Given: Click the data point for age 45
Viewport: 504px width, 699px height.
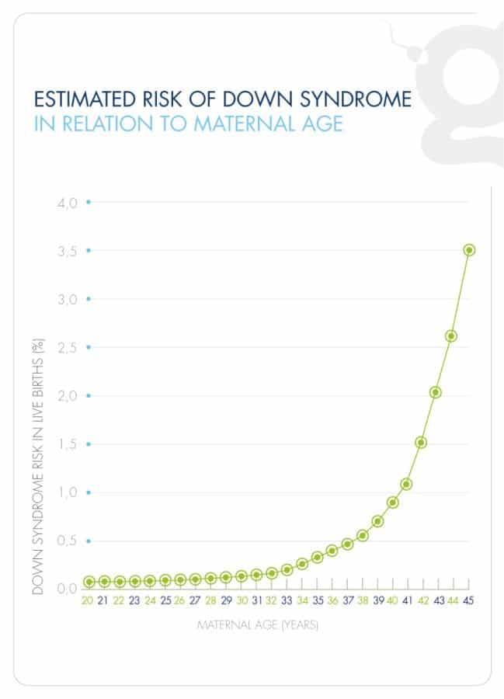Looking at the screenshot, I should coord(469,250).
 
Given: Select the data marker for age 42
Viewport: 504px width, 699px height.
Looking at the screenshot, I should coord(421,443).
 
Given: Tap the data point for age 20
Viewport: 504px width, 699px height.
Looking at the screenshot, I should coord(89,582).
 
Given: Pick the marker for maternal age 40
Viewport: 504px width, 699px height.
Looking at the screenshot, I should coord(393,503).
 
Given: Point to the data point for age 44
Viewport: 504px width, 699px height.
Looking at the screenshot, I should coord(451,336).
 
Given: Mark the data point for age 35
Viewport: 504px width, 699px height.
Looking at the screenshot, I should coord(317,557).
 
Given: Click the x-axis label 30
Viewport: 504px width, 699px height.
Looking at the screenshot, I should coord(242,600).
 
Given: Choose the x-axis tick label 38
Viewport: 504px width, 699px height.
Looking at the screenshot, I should coord(363,600).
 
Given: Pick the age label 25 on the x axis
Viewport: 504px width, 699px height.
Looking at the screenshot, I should coord(165,600).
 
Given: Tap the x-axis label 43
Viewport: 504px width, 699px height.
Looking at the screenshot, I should coord(439,600).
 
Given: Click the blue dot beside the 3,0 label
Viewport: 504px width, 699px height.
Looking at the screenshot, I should coord(89,298).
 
